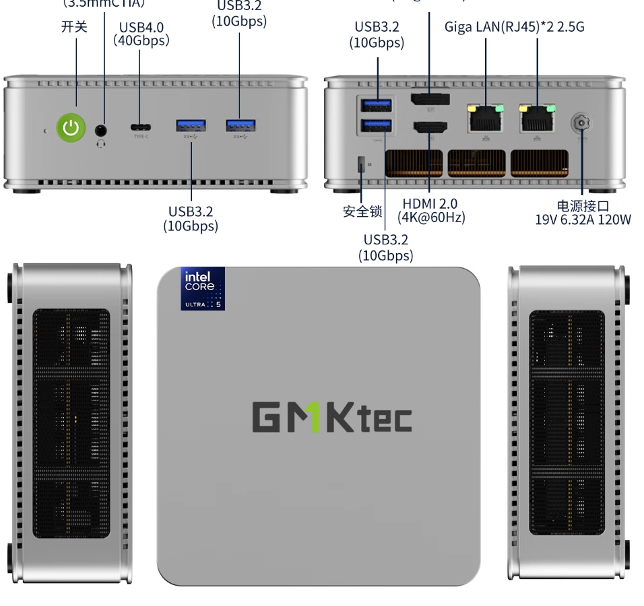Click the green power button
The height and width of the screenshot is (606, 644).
click(x=71, y=128)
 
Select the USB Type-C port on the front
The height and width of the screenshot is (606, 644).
click(x=140, y=127)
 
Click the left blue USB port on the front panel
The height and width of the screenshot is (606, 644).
click(x=191, y=125)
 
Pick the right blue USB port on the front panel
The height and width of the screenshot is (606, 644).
click(x=240, y=125)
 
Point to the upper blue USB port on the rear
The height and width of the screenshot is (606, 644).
click(x=377, y=105)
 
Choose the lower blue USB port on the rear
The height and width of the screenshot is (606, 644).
click(x=377, y=125)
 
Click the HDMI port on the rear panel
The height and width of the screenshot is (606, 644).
click(x=430, y=127)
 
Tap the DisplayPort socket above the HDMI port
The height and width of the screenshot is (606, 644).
click(x=430, y=100)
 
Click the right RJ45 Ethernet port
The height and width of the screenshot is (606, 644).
click(x=537, y=119)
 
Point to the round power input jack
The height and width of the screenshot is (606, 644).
click(x=581, y=124)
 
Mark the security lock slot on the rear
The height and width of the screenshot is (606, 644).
click(x=362, y=164)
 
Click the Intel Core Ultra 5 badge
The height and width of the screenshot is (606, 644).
click(x=203, y=289)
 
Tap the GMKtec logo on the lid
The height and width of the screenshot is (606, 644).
click(x=331, y=417)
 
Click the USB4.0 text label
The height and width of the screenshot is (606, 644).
click(x=141, y=28)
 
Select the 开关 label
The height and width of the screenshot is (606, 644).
click(x=74, y=27)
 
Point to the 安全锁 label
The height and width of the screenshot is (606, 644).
click(x=362, y=211)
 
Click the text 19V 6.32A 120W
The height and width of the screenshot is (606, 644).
click(x=583, y=220)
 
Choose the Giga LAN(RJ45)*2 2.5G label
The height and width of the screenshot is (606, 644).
click(x=514, y=27)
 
